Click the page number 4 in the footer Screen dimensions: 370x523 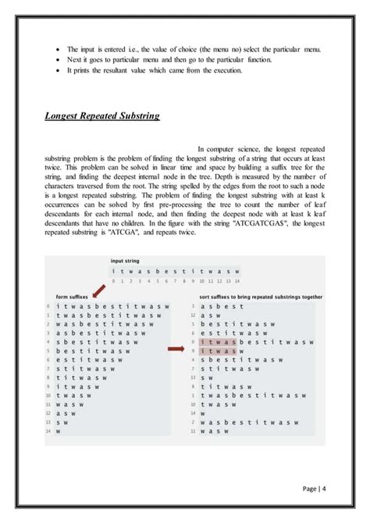[324, 489]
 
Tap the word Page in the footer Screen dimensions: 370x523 [308, 489]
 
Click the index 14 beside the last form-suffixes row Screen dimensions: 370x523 [48, 432]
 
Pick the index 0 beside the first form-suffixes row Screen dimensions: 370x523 [48, 306]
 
